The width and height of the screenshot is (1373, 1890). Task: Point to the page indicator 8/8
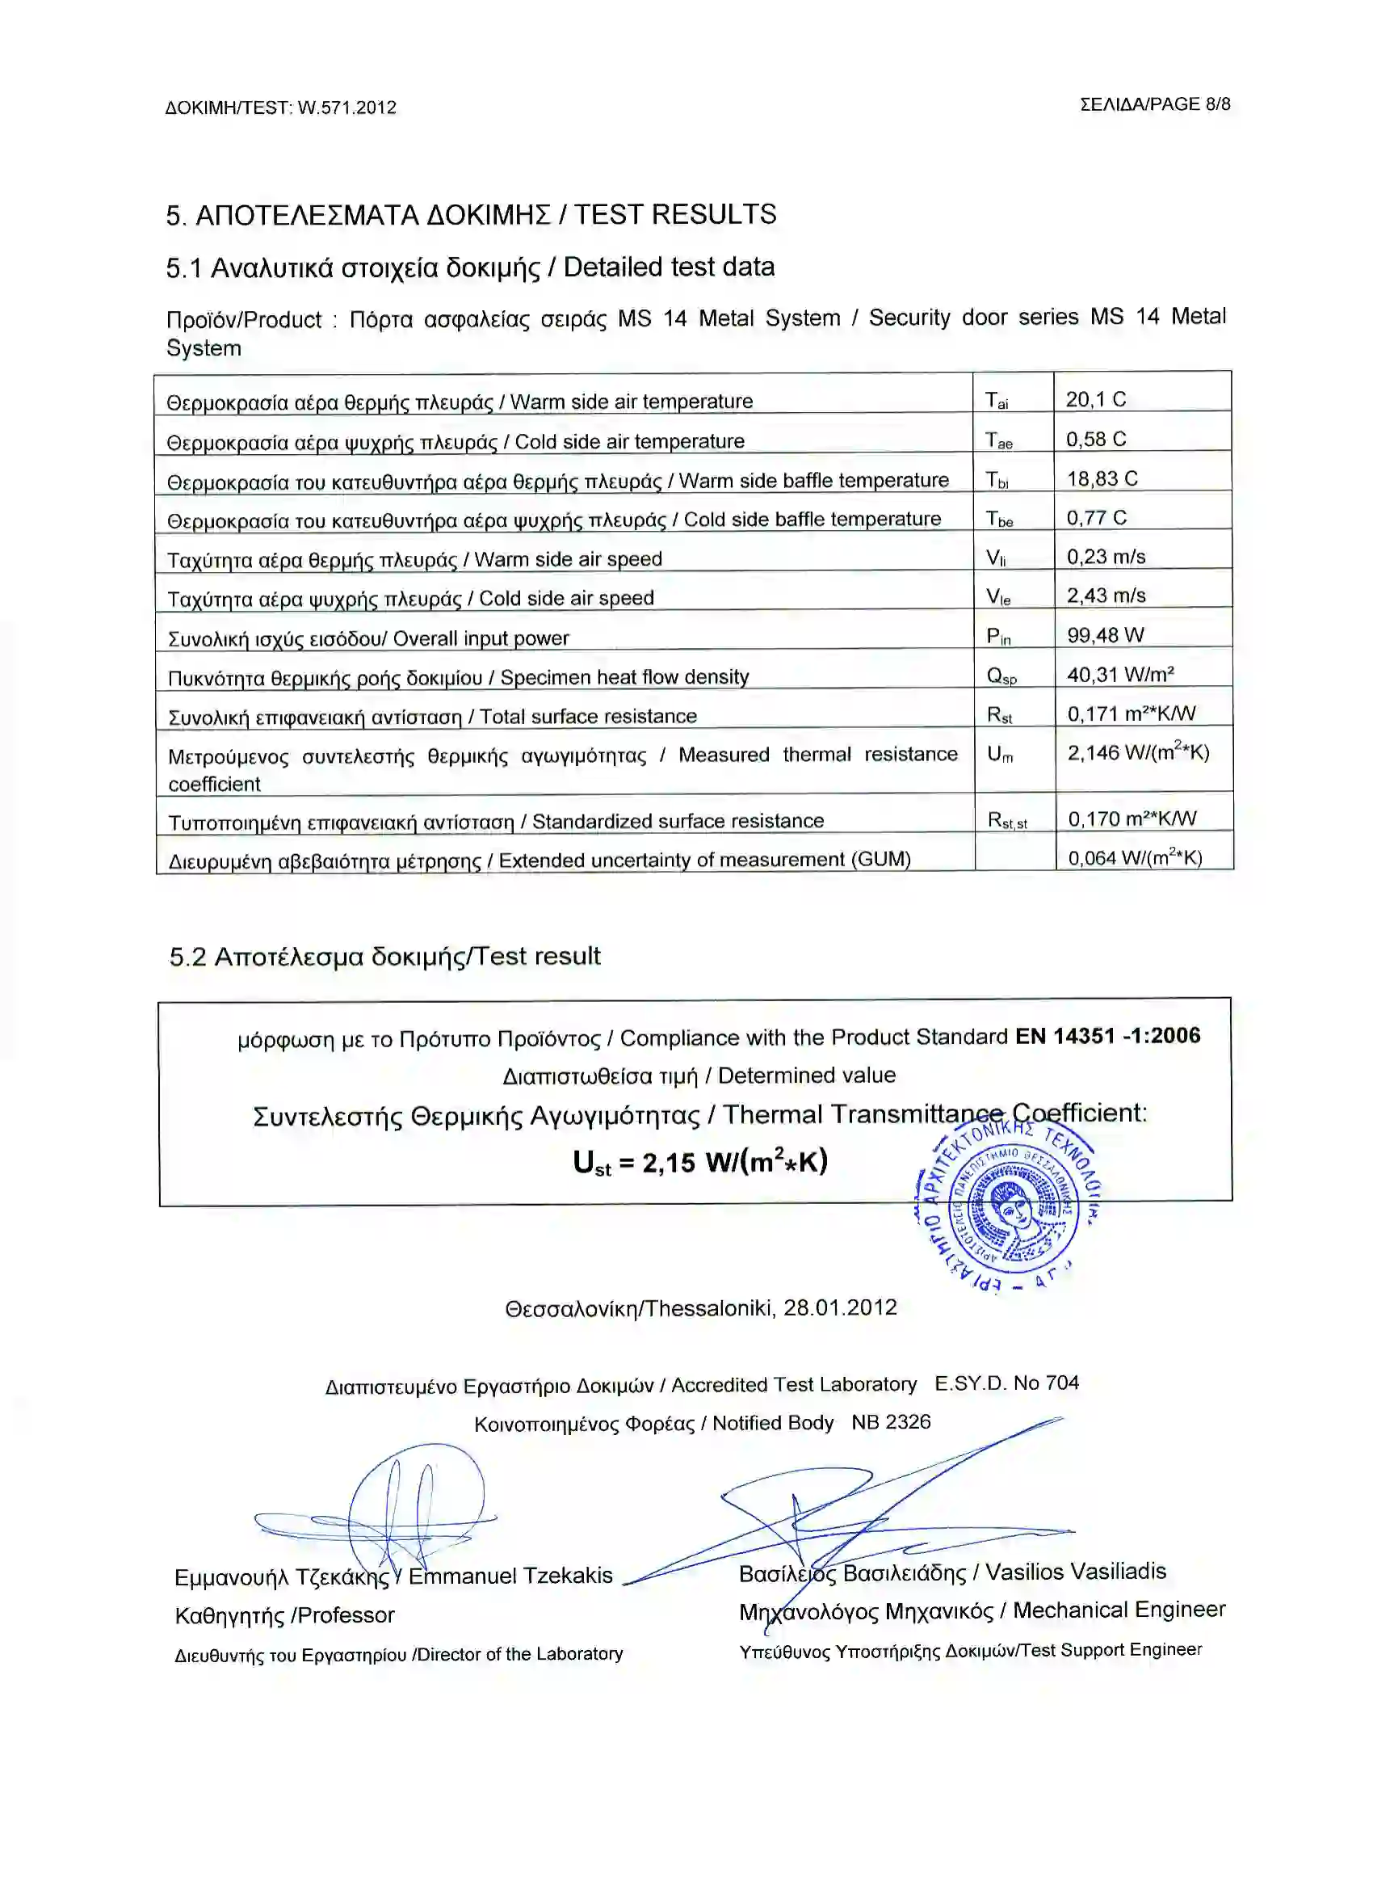pyautogui.click(x=1217, y=104)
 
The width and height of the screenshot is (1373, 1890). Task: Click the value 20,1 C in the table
pyautogui.click(x=1095, y=399)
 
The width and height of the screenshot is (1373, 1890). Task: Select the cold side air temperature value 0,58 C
pyautogui.click(x=1097, y=439)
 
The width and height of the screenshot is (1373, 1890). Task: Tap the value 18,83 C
pyautogui.click(x=1102, y=478)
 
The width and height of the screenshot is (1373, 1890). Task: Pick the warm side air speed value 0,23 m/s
pyautogui.click(x=1106, y=557)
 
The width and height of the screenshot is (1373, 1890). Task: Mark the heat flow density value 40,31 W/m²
pyautogui.click(x=1120, y=674)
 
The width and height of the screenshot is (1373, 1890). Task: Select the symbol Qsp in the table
pyautogui.click(x=1001, y=676)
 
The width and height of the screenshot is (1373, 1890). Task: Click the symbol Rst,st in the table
pyautogui.click(x=1007, y=821)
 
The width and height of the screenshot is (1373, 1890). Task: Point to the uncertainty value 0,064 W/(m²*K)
pyautogui.click(x=1135, y=857)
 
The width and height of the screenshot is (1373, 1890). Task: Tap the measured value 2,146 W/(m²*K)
pyautogui.click(x=1138, y=752)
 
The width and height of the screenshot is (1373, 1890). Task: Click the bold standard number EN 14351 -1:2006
pyautogui.click(x=1107, y=1036)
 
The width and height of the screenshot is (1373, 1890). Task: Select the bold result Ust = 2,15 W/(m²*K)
pyautogui.click(x=700, y=1163)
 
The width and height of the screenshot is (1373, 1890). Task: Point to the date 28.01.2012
pyautogui.click(x=840, y=1307)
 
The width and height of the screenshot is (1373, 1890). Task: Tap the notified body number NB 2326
pyautogui.click(x=891, y=1422)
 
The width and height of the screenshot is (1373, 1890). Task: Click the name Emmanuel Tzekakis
pyautogui.click(x=510, y=1576)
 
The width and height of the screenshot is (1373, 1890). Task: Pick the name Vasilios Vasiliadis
pyautogui.click(x=1076, y=1572)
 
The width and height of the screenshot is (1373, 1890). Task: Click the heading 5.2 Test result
pyautogui.click(x=384, y=957)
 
